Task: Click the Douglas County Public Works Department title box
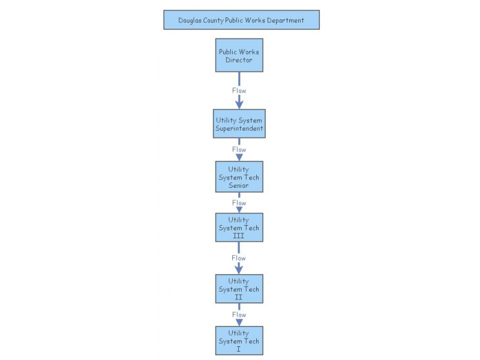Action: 241,20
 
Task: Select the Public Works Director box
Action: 239,56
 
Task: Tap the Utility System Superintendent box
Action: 239,124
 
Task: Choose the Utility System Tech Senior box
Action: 239,177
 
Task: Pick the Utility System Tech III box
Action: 239,227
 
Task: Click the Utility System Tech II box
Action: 239,289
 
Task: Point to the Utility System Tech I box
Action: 239,341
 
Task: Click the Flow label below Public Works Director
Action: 239,91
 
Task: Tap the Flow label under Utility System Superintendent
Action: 239,149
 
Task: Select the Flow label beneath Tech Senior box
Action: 239,203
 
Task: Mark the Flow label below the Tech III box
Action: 239,258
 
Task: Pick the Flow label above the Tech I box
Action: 239,314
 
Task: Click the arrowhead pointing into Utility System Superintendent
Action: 239,105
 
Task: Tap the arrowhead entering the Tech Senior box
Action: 239,157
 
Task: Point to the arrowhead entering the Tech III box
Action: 239,209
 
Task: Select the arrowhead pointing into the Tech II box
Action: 239,270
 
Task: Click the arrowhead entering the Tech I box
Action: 239,322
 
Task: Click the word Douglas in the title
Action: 191,20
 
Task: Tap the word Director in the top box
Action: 239,60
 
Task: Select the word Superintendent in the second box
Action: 239,128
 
